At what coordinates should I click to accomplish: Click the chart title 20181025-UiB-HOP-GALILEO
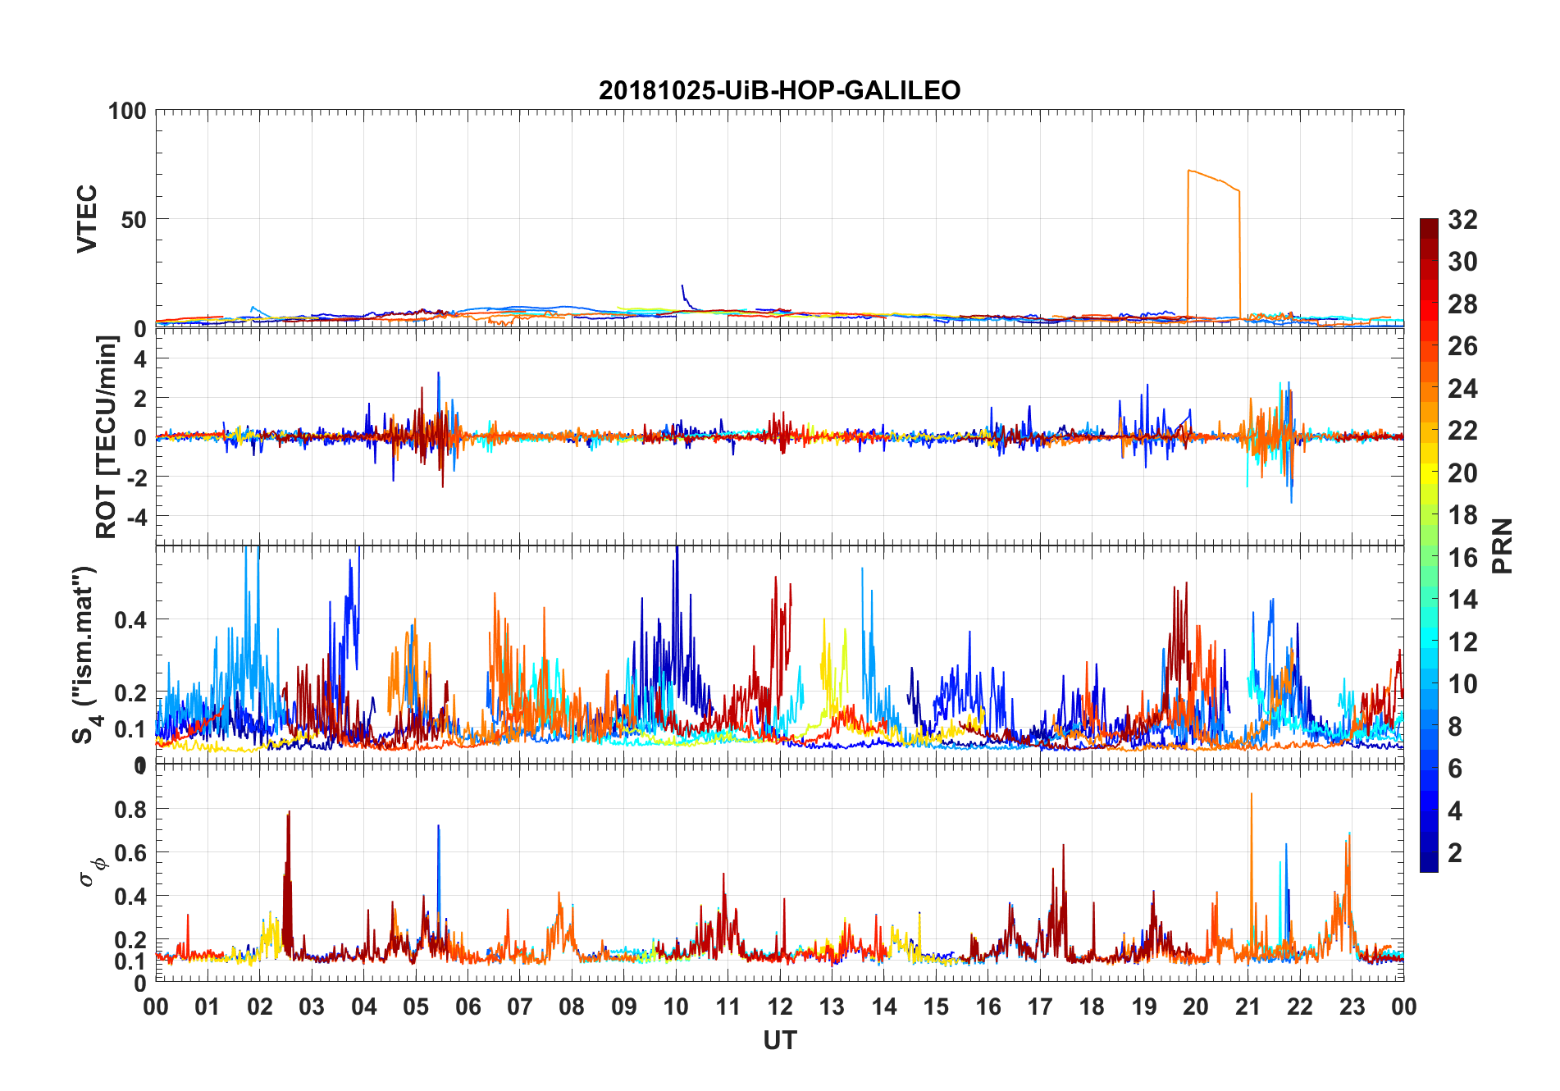coord(779,90)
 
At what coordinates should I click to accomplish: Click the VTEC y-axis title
coord(87,219)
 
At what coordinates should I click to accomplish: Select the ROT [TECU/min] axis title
coord(107,437)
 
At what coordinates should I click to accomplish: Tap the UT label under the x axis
coord(779,1040)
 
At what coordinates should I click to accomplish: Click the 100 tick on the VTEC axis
coord(127,112)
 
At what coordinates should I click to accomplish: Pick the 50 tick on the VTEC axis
coord(134,220)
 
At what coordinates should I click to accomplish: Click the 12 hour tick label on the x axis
coord(779,1007)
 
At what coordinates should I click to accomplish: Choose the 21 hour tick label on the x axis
coord(1248,1007)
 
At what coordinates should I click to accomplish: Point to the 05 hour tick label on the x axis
coord(416,1007)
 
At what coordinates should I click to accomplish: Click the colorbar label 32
coord(1462,220)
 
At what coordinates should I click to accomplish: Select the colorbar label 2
coord(1455,853)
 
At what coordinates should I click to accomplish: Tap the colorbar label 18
coord(1462,515)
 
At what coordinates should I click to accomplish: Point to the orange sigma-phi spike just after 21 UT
coord(1251,796)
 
